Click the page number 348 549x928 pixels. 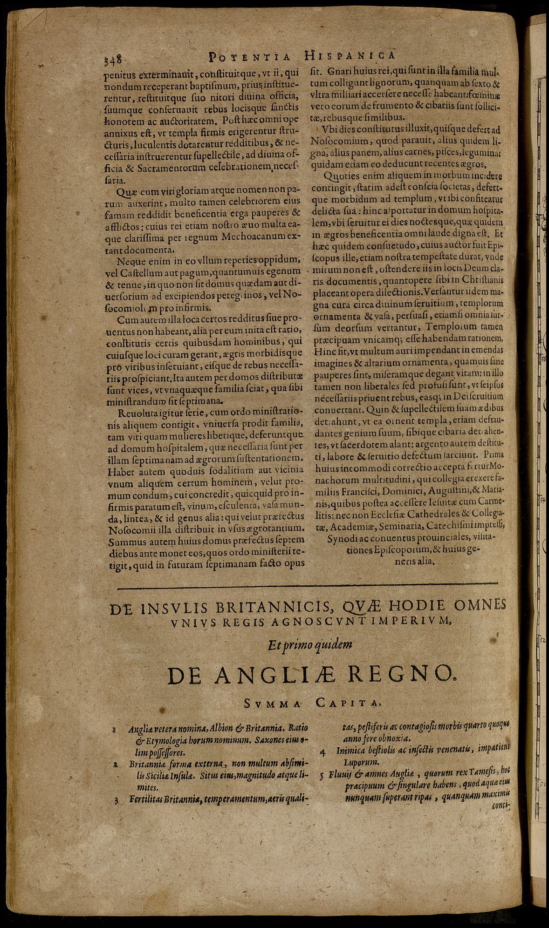click(112, 60)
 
